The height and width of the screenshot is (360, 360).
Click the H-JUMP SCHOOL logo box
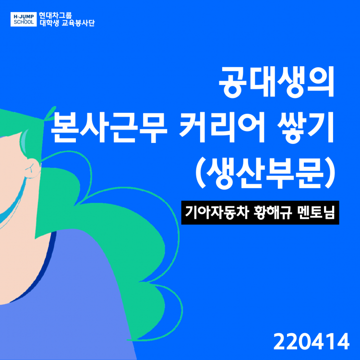click(24, 19)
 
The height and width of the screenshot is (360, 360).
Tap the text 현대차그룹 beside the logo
click(55, 16)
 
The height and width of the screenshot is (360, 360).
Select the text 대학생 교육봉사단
click(67, 23)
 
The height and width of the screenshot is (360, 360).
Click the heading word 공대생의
click(276, 82)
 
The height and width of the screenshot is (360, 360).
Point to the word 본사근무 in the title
click(109, 128)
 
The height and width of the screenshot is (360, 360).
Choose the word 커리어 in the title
click(222, 128)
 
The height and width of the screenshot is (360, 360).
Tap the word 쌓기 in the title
click(305, 128)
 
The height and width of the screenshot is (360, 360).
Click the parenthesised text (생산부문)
click(265, 172)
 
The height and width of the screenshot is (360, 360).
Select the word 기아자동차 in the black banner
click(217, 212)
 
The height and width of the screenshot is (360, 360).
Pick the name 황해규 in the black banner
click(273, 212)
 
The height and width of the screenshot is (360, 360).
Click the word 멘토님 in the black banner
click(316, 212)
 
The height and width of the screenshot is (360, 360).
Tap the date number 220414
click(312, 341)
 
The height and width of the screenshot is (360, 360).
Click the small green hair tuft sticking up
click(49, 113)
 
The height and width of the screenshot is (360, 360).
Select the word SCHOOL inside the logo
click(24, 22)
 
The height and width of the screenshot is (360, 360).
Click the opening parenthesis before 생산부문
click(201, 173)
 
